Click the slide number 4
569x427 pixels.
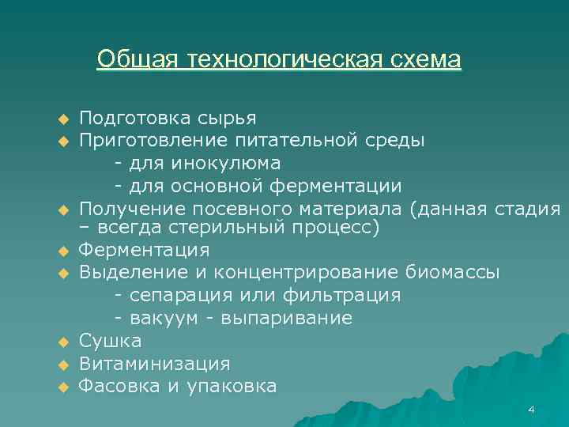point(531,409)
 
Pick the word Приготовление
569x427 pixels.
point(149,141)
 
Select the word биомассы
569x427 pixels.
point(453,273)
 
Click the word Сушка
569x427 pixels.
point(111,342)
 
